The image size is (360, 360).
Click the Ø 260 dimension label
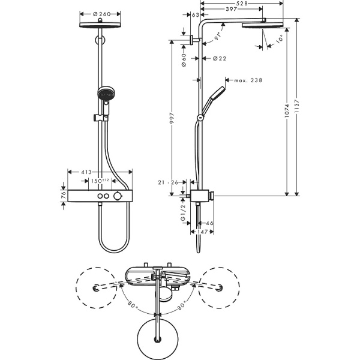(x=100, y=12)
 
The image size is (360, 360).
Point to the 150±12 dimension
(x=100, y=180)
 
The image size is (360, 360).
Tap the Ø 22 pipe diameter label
(x=218, y=58)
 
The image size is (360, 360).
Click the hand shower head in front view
(x=106, y=94)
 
